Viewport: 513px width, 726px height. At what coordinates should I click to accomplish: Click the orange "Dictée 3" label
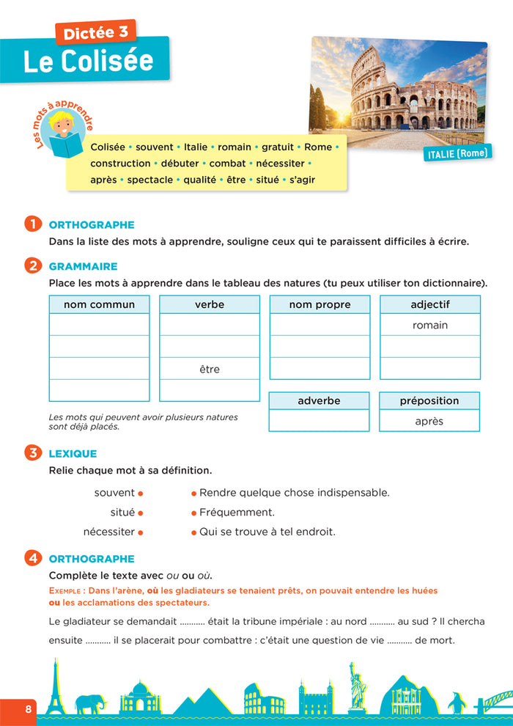96,32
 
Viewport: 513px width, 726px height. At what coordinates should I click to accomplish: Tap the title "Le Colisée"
87,61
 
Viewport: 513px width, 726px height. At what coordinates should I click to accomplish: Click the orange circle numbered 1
33,224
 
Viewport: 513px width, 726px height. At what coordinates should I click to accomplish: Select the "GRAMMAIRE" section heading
83,266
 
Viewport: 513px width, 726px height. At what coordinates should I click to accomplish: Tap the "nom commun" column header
99,304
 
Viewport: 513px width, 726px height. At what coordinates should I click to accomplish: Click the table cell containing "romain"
430,325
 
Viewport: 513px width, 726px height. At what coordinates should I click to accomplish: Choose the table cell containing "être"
210,369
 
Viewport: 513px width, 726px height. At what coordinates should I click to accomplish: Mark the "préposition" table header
429,400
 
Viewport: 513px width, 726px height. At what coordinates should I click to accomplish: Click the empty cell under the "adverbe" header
319,421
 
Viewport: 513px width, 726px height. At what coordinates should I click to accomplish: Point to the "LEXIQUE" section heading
73,454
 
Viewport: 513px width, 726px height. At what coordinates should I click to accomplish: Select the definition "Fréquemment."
237,513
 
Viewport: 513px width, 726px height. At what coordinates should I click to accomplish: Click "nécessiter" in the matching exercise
109,532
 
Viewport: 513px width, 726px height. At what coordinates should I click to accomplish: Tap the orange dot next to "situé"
140,513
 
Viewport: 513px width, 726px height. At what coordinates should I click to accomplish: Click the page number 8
29,709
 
